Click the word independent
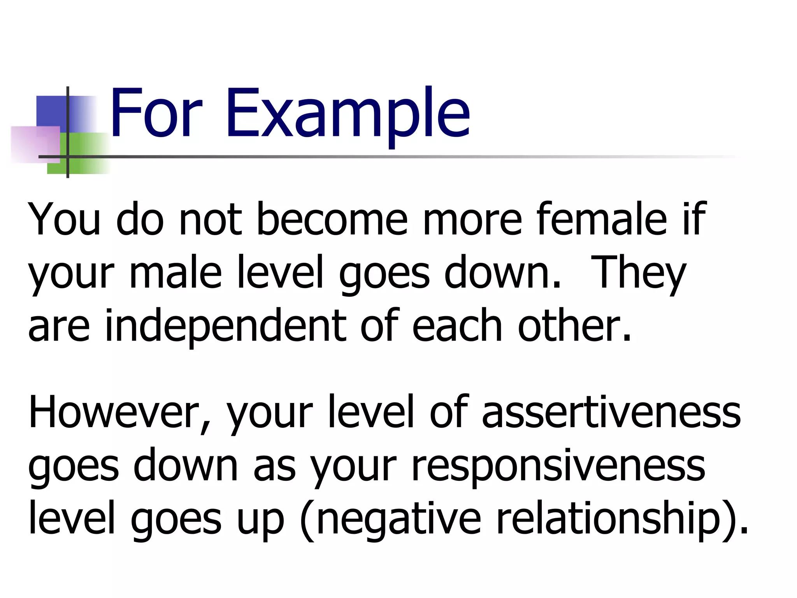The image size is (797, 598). [x=226, y=326]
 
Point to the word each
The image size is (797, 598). [x=457, y=326]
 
